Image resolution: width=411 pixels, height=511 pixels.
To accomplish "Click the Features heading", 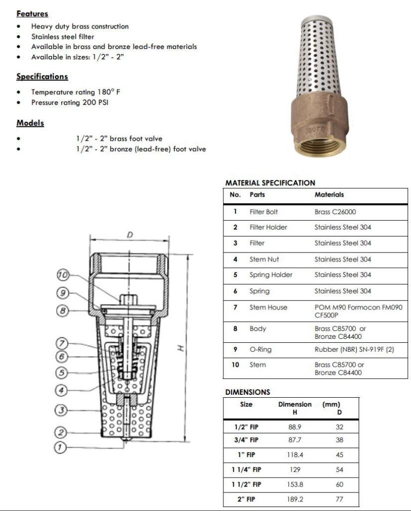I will [32, 14].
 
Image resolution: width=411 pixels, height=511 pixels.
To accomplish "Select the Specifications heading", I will [42, 77].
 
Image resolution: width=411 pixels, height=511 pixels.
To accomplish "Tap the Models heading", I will [30, 123].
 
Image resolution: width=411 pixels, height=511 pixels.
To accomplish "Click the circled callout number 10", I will [63, 275].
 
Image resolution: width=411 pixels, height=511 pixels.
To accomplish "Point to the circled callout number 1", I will [60, 448].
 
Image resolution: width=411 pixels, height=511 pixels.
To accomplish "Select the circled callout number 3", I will [60, 410].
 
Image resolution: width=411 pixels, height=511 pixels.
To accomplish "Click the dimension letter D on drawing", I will [129, 235].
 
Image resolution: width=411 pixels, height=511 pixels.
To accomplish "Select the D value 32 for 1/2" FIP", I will [339, 427].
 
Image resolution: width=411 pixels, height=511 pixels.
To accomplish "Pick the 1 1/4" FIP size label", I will [246, 470].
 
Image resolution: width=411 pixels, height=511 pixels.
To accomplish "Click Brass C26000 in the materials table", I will [335, 212].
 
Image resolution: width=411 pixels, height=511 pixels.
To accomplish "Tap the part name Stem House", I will [268, 307].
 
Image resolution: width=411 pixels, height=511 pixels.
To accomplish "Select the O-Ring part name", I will [260, 349].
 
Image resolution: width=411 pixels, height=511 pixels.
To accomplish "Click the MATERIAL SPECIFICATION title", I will [270, 183].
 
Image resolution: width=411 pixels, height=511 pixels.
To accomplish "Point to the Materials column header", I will [329, 195].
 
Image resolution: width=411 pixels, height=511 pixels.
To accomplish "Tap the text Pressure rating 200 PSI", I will [70, 103].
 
